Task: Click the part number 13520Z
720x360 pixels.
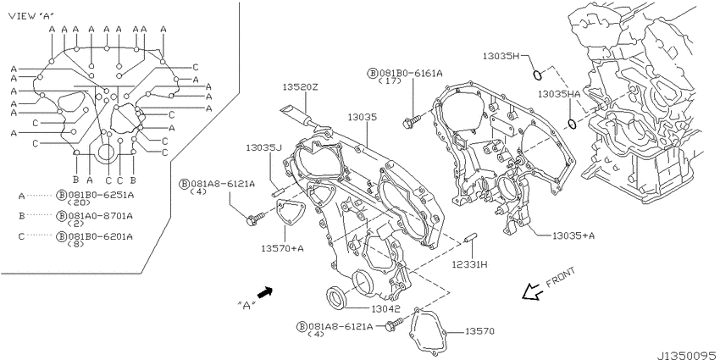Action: pyautogui.click(x=300, y=87)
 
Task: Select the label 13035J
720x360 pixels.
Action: pyautogui.click(x=263, y=148)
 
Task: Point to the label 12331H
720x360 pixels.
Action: pyautogui.click(x=469, y=265)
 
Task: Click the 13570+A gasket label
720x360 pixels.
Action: pyautogui.click(x=283, y=248)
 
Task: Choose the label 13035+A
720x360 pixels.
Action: pyautogui.click(x=573, y=235)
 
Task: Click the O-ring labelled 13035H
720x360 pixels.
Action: pyautogui.click(x=538, y=74)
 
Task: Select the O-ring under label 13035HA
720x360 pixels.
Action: pyautogui.click(x=572, y=124)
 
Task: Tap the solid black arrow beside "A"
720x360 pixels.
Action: pyautogui.click(x=265, y=292)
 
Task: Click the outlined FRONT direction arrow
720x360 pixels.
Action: pyautogui.click(x=532, y=291)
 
